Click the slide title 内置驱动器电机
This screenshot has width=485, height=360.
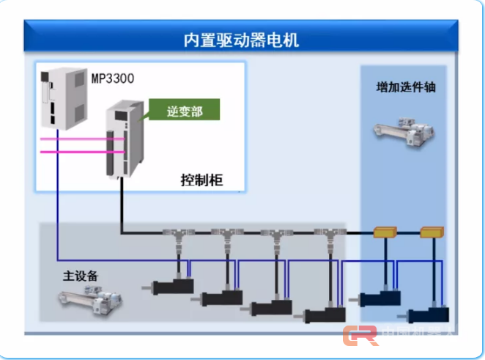click(242, 38)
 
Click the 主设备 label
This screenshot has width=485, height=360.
click(81, 276)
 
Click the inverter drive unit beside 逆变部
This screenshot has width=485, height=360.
click(122, 143)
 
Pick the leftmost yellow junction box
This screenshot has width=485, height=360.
click(384, 233)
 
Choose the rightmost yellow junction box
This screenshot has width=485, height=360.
click(432, 233)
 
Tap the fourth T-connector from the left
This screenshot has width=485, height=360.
click(328, 235)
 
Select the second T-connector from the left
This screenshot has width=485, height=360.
click(225, 235)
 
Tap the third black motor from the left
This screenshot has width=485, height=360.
click(273, 308)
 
